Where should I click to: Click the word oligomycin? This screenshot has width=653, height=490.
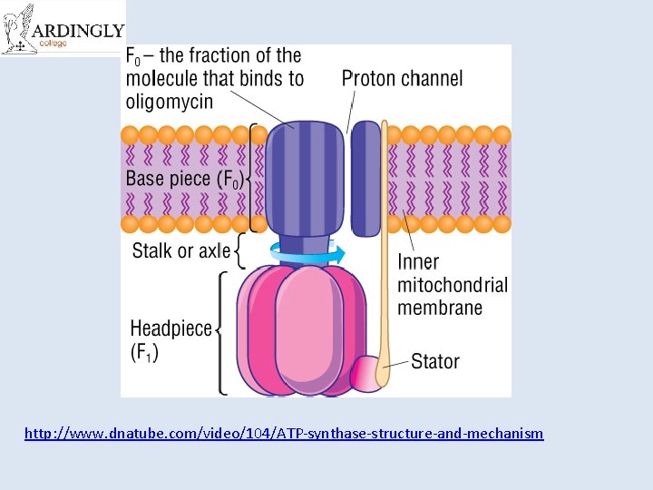pyautogui.click(x=170, y=101)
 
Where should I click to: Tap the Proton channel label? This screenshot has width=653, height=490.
pyautogui.click(x=402, y=79)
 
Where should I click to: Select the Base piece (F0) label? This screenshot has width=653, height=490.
pyautogui.click(x=184, y=178)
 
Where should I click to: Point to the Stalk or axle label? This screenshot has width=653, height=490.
pyautogui.click(x=181, y=250)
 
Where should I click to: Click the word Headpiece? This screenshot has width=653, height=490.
pyautogui.click(x=171, y=328)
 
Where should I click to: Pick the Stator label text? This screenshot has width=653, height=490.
pyautogui.click(x=435, y=361)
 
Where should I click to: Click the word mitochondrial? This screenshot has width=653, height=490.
pyautogui.click(x=453, y=285)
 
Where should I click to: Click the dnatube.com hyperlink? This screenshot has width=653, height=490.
pyautogui.click(x=284, y=434)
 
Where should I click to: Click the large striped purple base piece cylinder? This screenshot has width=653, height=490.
pyautogui.click(x=306, y=178)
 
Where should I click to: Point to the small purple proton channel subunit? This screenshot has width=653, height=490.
pyautogui.click(x=365, y=178)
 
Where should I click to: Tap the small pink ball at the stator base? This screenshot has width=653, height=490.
pyautogui.click(x=367, y=373)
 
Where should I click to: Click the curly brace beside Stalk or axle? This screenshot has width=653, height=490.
pyautogui.click(x=239, y=251)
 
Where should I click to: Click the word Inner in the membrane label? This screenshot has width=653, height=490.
pyautogui.click(x=418, y=263)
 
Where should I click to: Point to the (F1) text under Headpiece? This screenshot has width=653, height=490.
pyautogui.click(x=144, y=352)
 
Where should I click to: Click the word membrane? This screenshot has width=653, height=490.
pyautogui.click(x=440, y=308)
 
